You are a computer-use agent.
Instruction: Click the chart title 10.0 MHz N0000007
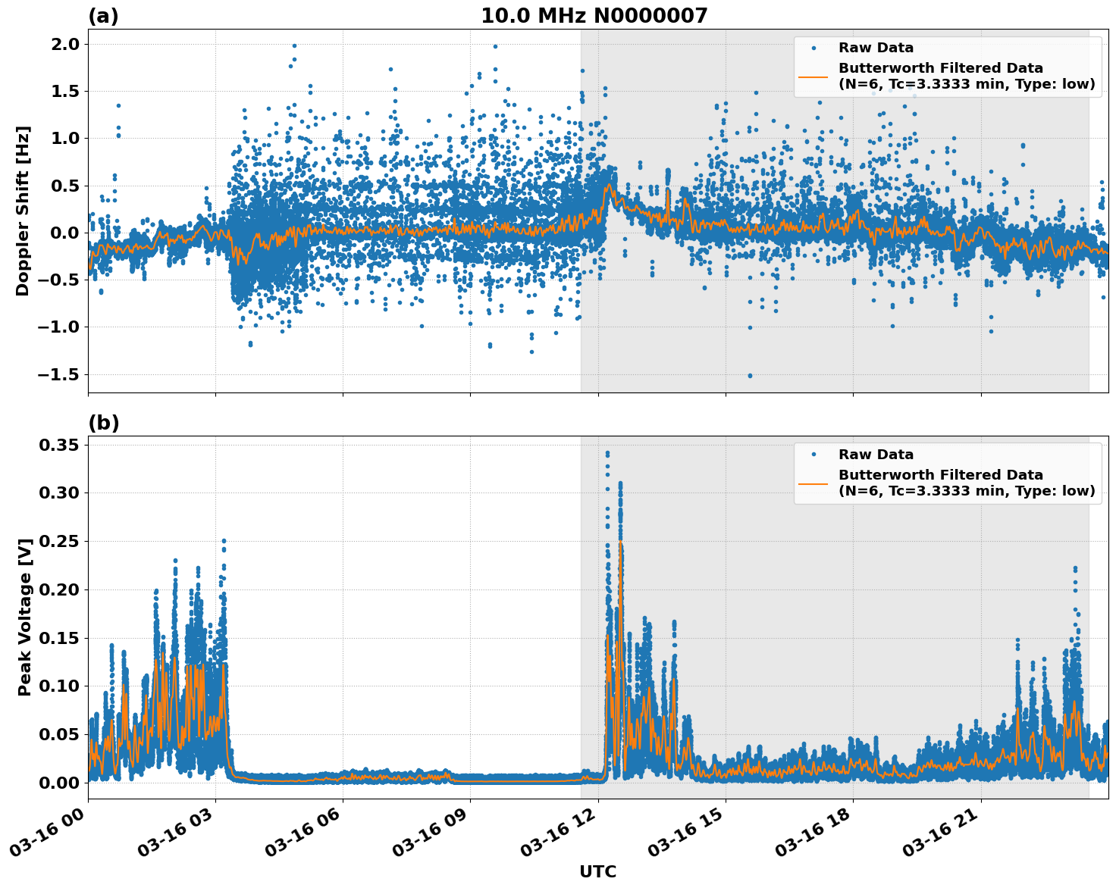(x=594, y=16)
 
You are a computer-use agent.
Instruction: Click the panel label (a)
(x=103, y=16)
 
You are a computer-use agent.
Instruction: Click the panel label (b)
(x=103, y=423)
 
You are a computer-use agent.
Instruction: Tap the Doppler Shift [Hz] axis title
(x=23, y=211)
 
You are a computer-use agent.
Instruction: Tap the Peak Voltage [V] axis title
(x=25, y=617)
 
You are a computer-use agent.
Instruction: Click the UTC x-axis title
(x=597, y=871)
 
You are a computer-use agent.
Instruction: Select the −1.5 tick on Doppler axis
(x=57, y=374)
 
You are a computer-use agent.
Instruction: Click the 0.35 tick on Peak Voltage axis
(x=59, y=445)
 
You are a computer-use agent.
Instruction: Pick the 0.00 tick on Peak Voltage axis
(x=59, y=783)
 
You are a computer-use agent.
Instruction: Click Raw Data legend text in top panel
(x=876, y=48)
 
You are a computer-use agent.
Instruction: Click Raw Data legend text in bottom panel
(x=876, y=455)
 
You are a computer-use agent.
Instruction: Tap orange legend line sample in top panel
(x=813, y=76)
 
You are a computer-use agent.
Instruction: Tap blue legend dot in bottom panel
(x=813, y=455)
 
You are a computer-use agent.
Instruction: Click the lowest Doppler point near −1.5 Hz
(x=750, y=375)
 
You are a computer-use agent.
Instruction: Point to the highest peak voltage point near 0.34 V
(x=607, y=453)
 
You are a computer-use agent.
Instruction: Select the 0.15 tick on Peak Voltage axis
(x=59, y=638)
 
